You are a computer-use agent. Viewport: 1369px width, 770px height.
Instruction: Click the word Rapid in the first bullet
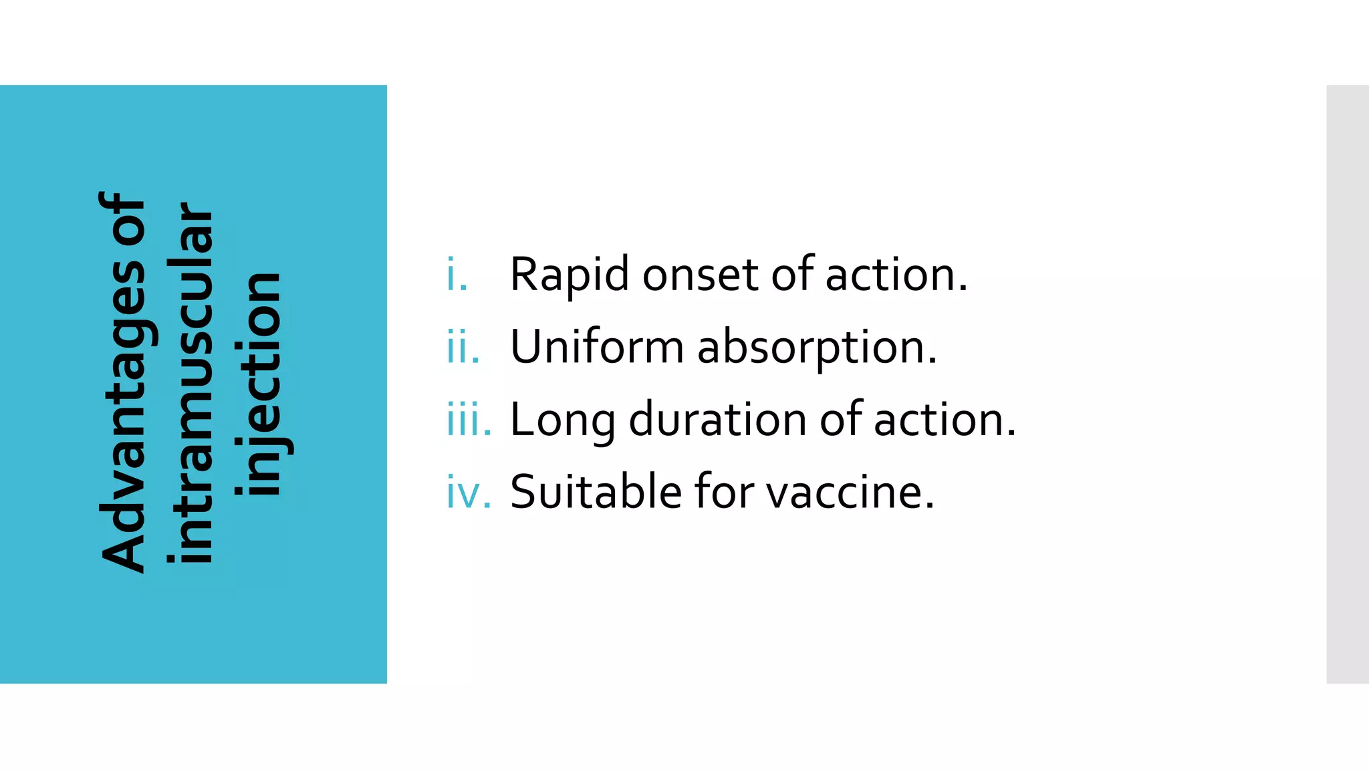[x=569, y=275]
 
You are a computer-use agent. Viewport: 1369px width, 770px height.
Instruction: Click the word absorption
[x=817, y=348]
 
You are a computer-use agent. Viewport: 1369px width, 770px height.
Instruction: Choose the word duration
[x=717, y=420]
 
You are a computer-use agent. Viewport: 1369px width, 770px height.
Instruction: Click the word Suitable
[x=595, y=492]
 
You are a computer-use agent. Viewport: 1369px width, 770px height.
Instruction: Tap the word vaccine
[x=850, y=492]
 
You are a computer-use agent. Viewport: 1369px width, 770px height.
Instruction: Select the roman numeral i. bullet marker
[x=457, y=275]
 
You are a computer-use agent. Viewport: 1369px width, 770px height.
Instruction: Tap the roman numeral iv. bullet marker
[x=469, y=493]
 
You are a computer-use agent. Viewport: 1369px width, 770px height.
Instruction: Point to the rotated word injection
[x=261, y=384]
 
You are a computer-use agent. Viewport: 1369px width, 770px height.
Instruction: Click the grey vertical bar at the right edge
[x=1347, y=384]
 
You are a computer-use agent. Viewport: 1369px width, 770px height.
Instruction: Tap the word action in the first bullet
[x=896, y=275]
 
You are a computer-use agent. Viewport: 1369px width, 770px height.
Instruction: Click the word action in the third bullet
[x=944, y=420]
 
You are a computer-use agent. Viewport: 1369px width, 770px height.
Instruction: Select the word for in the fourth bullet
[x=725, y=492]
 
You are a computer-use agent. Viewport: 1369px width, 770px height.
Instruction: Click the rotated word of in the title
[x=122, y=218]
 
